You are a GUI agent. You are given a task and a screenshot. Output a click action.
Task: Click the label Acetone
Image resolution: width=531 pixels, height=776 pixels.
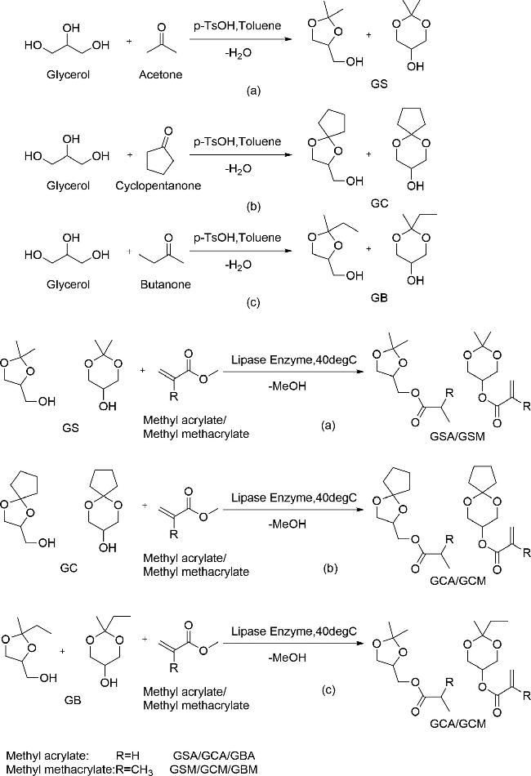click(x=160, y=74)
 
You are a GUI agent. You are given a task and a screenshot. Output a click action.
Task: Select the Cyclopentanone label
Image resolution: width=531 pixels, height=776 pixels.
click(x=158, y=185)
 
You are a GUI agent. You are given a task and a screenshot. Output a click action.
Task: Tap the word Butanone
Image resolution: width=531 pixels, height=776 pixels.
click(x=165, y=284)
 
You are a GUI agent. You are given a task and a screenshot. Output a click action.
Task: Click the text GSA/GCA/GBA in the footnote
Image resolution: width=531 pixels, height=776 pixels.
click(x=214, y=756)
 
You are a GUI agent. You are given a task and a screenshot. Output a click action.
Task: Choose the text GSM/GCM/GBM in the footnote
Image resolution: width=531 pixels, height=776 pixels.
click(x=213, y=769)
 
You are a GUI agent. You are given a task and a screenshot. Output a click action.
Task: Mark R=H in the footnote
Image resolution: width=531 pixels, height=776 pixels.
click(x=127, y=756)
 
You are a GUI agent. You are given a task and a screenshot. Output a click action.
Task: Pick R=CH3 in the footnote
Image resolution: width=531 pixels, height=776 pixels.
click(x=134, y=770)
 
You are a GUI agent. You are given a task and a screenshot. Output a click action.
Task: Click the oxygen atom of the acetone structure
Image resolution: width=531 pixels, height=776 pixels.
click(x=161, y=26)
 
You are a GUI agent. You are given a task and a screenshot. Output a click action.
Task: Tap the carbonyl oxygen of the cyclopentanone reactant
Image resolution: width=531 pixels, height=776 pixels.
click(x=169, y=132)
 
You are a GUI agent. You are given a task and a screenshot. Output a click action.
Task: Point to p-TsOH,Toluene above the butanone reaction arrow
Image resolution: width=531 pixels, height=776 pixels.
click(x=237, y=238)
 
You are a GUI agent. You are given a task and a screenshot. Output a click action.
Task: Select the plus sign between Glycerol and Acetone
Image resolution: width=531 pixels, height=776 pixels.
click(x=129, y=41)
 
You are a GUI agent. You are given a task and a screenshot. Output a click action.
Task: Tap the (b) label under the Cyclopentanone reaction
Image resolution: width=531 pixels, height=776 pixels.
click(x=253, y=206)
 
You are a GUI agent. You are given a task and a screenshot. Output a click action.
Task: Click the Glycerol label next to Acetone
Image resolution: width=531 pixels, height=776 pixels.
click(x=69, y=74)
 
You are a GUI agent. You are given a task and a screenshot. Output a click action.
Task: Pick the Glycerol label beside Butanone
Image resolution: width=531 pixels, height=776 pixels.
click(x=69, y=284)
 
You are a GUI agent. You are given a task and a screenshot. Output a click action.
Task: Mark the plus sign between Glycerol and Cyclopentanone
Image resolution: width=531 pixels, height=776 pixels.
click(x=130, y=155)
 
